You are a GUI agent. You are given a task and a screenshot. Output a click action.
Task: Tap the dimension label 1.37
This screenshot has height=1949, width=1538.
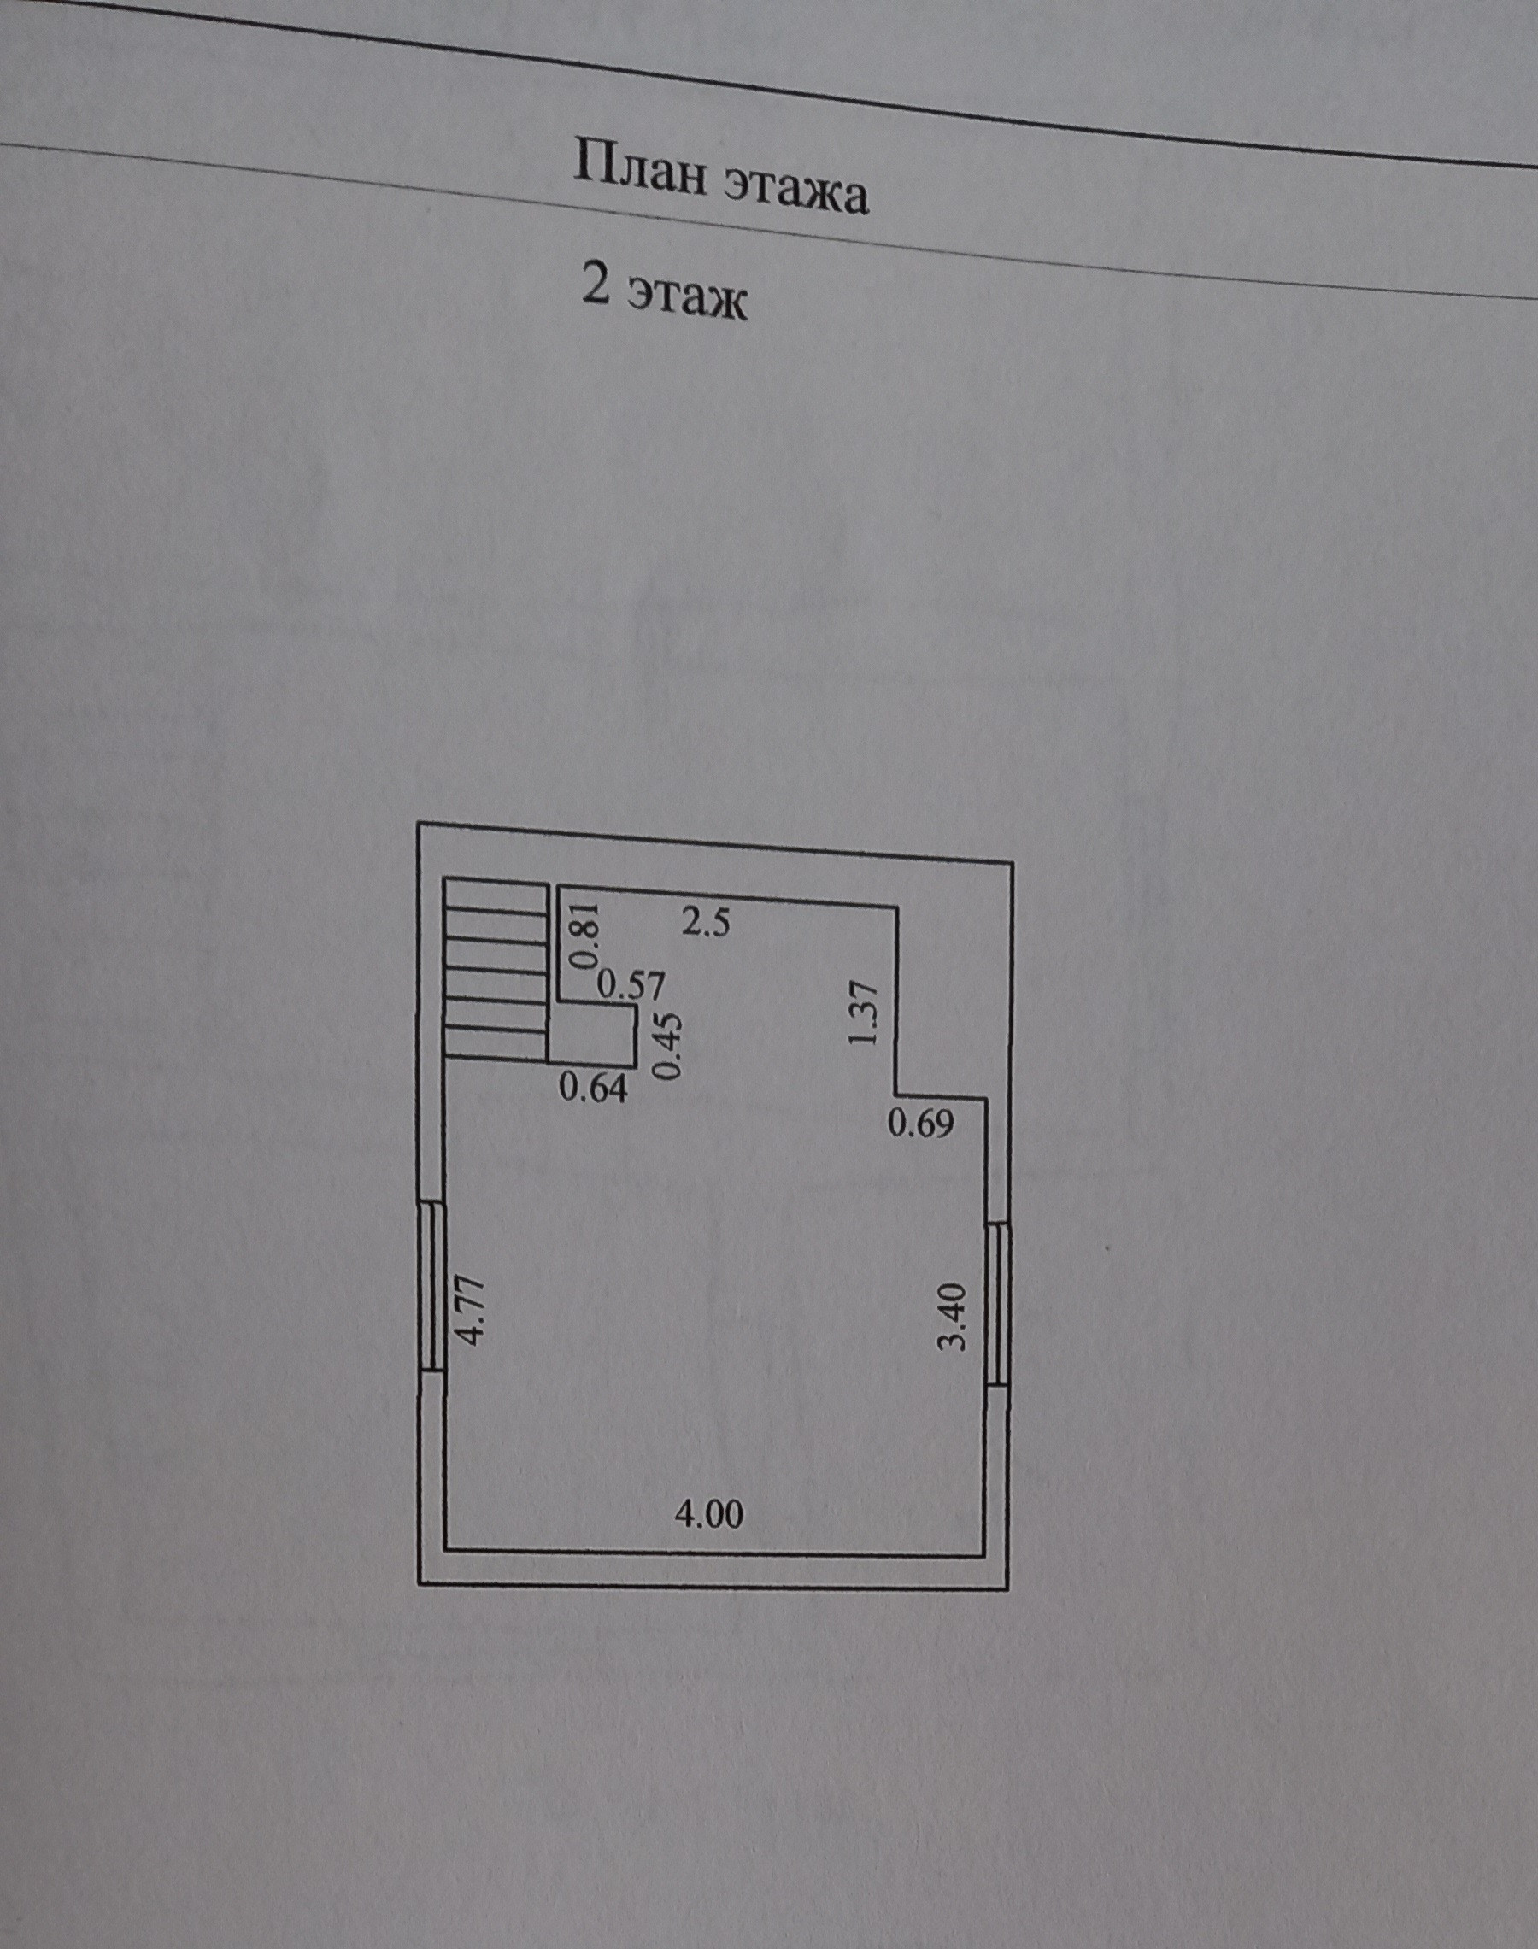pyautogui.click(x=863, y=1013)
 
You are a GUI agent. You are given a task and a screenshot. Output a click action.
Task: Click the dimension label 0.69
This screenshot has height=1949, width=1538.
pyautogui.click(x=920, y=1124)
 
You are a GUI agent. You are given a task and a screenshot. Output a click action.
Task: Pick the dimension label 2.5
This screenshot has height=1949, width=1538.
pyautogui.click(x=707, y=924)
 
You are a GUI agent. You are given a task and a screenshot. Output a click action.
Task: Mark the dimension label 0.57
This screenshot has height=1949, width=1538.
pyautogui.click(x=631, y=986)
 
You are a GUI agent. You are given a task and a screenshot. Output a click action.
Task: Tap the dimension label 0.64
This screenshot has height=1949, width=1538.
pyautogui.click(x=592, y=1089)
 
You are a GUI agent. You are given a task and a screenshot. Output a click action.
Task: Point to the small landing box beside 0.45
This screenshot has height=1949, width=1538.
pyautogui.click(x=591, y=1037)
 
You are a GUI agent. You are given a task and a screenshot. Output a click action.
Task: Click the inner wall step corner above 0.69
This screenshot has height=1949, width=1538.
pyautogui.click(x=896, y=1095)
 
